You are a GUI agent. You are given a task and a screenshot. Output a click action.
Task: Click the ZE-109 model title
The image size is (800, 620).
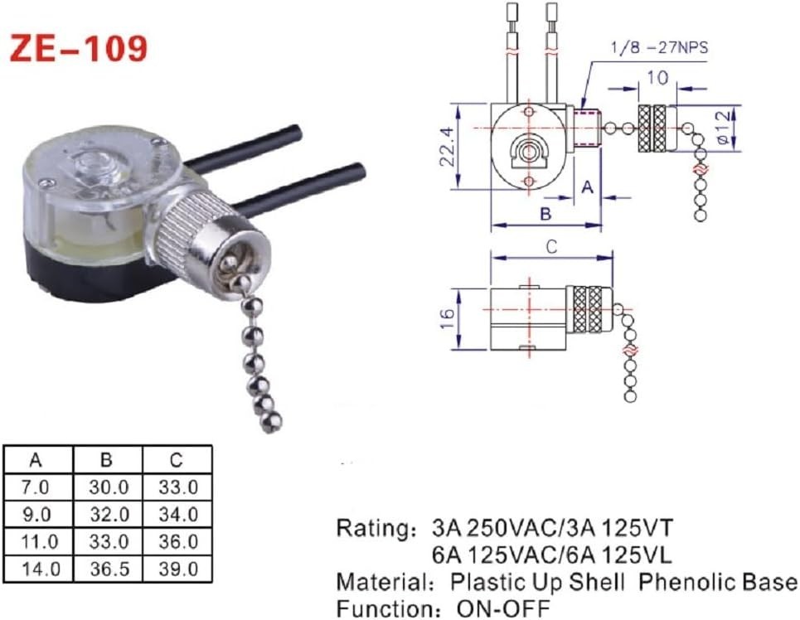[x=79, y=49]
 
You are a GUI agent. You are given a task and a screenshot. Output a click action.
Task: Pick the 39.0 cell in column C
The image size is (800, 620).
[x=177, y=569]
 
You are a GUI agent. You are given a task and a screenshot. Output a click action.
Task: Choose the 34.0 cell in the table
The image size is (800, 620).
[x=177, y=514]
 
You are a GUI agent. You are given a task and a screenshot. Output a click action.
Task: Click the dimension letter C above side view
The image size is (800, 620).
[x=551, y=246]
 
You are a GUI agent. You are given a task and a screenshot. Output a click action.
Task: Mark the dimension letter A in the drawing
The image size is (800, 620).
[x=586, y=186]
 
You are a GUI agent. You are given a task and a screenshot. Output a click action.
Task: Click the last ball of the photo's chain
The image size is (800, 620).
[x=269, y=424]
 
